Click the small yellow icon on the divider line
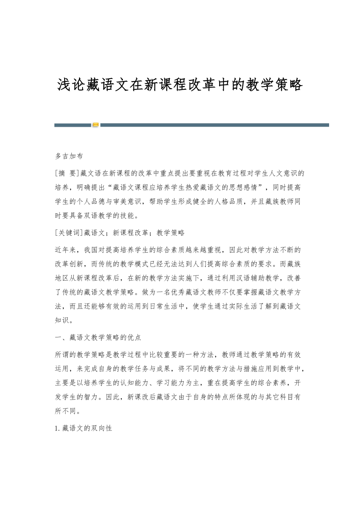(x=95, y=125)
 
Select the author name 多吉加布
(x=69, y=156)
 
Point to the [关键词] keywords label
(x=67, y=233)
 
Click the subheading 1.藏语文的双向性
(x=84, y=428)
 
